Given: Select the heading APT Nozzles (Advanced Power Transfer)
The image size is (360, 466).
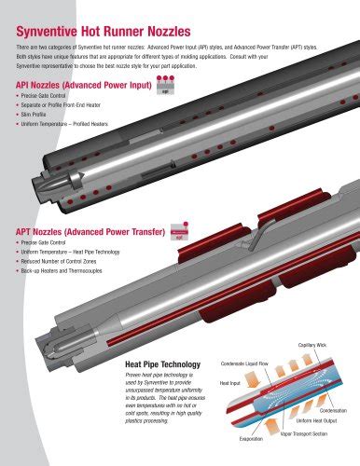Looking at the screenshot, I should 82,227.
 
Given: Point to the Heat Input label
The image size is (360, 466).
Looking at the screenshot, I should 229,383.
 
